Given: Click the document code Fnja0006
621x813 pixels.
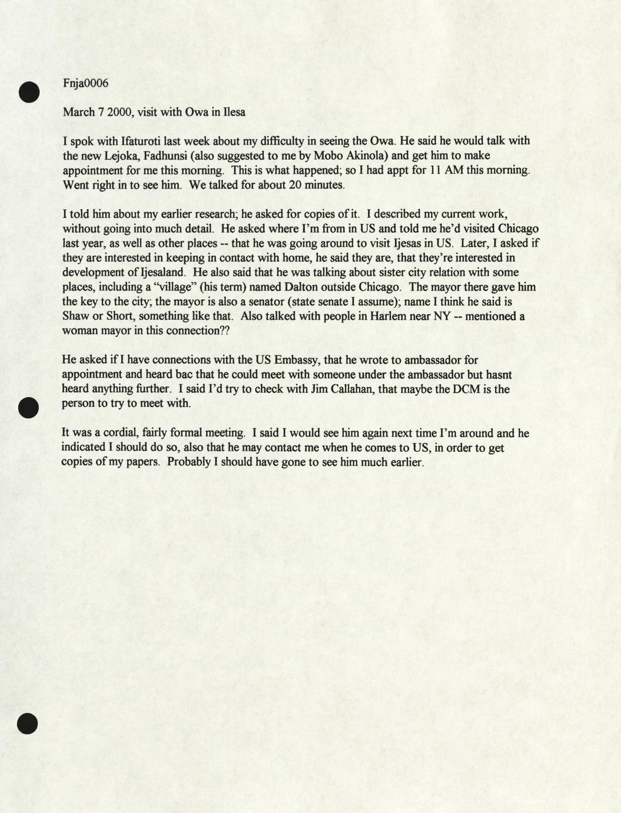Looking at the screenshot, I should (85, 83).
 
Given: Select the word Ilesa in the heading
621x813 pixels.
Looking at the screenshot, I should (234, 112).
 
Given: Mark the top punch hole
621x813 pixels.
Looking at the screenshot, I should (28, 92).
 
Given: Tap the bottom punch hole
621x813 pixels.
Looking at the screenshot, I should (28, 723).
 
